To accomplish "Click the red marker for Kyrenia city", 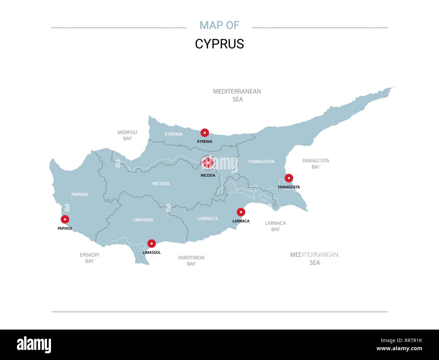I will click(205, 133).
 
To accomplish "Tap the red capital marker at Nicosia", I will click(208, 163).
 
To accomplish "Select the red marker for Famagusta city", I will click(289, 178).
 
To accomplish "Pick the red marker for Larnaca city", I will click(241, 212).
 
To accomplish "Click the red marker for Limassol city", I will click(152, 243).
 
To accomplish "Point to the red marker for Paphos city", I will click(65, 219).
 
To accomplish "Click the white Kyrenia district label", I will click(174, 134).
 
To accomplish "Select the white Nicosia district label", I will click(161, 184).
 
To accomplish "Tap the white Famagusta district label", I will click(261, 162).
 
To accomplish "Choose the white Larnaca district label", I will click(208, 218).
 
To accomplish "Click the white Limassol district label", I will click(143, 220).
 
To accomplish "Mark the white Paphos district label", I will click(80, 194).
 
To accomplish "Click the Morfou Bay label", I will click(127, 135).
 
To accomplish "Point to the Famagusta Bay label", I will click(316, 164).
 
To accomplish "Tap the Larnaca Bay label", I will click(276, 226).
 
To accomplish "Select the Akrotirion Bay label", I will click(191, 261).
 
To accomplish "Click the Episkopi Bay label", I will click(89, 258).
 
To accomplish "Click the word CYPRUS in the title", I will click(219, 44).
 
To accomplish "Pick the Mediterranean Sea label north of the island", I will click(237, 95).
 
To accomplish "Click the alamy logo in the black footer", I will click(34, 345).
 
